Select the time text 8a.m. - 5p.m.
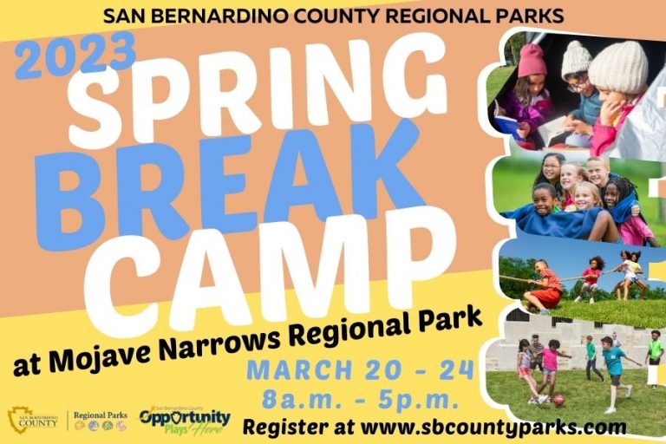click(x=360, y=401)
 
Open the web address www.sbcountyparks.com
click(x=494, y=427)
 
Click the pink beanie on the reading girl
click(x=532, y=61)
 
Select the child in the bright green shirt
click(x=655, y=351)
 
